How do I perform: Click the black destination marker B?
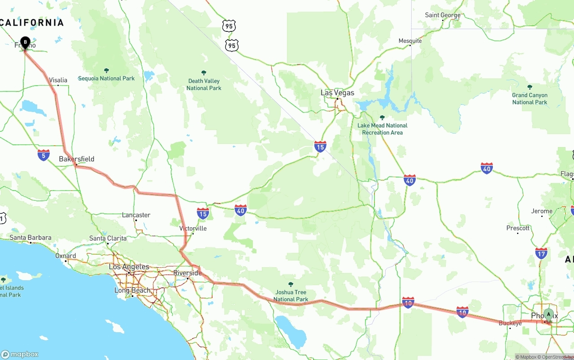[25, 43]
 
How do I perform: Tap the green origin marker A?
[548, 314]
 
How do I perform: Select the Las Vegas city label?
[337, 93]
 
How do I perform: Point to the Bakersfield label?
[77, 159]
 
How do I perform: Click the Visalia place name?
[58, 80]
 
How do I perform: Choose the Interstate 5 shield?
[43, 155]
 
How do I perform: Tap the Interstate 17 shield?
[541, 253]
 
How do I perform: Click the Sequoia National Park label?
[106, 78]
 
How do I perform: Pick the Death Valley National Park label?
[204, 84]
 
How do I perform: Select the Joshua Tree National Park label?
[291, 295]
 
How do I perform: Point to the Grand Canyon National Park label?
[530, 99]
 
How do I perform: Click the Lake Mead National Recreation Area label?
[383, 129]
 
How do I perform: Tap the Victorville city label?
[193, 228]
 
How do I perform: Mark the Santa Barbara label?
[30, 238]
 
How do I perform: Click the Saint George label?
[443, 15]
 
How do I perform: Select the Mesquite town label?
[410, 41]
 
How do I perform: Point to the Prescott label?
[518, 228]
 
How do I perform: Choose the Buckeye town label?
[510, 323]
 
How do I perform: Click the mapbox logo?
[20, 354]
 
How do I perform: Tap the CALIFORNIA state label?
[32, 22]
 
